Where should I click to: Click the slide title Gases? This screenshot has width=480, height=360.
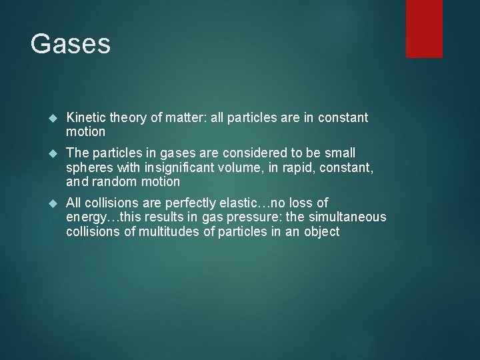(x=70, y=43)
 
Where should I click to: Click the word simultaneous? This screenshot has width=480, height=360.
(x=347, y=217)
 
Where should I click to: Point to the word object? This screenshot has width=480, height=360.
(x=321, y=231)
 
